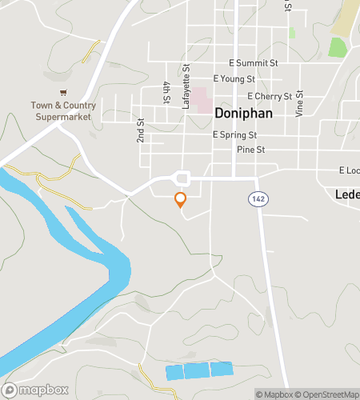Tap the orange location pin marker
(x=181, y=200)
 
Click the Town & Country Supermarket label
(x=64, y=111)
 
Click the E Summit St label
(x=253, y=62)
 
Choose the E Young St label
(x=233, y=79)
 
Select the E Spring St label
(x=234, y=135)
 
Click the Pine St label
(x=250, y=150)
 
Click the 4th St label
(x=166, y=92)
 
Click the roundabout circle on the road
(x=182, y=178)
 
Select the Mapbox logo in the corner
(x=35, y=390)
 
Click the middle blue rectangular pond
(x=197, y=370)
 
